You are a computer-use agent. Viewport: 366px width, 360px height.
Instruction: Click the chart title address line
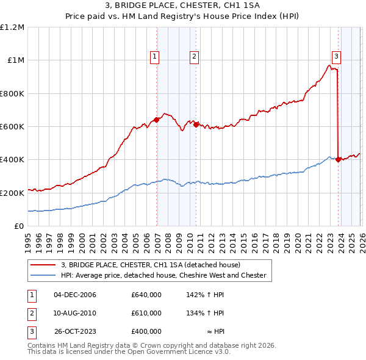183,6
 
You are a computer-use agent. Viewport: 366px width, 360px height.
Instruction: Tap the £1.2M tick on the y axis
12,27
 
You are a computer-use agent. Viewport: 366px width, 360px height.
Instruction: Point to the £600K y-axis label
12,127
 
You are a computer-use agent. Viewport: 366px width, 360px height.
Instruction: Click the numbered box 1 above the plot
155,57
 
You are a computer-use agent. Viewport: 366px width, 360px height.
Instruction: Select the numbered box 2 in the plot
194,57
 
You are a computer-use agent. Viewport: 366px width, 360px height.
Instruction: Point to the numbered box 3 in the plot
336,57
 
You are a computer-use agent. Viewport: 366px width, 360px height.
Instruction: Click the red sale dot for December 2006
157,120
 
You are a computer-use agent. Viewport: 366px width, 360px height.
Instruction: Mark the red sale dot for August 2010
196,124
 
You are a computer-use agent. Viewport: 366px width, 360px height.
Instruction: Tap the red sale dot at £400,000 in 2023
338,160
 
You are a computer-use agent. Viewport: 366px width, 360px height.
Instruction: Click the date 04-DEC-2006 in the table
75,295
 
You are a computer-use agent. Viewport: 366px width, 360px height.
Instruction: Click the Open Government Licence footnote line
129,352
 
